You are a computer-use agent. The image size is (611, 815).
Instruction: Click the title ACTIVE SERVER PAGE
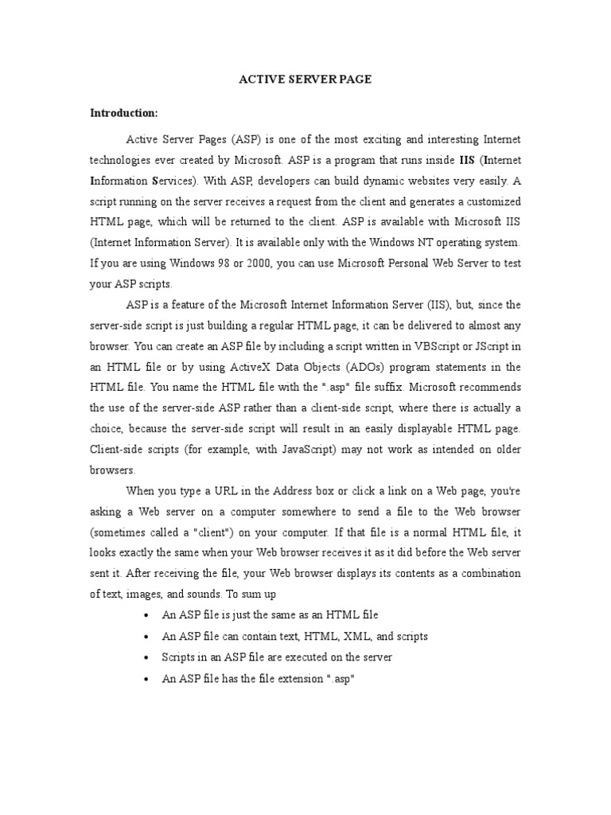click(x=305, y=80)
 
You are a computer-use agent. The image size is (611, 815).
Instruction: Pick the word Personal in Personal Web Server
click(x=407, y=263)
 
